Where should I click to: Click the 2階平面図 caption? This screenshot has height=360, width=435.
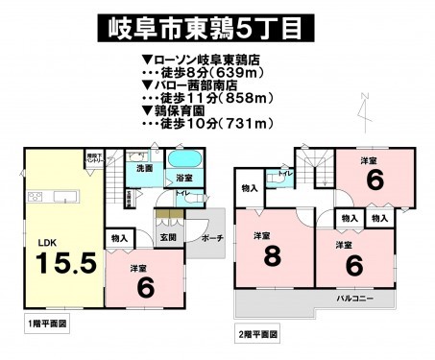click(x=257, y=335)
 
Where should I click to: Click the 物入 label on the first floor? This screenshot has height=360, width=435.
click(x=120, y=237)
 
